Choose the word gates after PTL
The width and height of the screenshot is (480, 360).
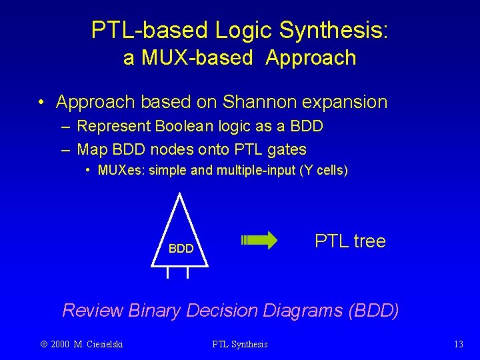(285, 149)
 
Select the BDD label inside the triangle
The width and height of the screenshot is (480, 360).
(181, 249)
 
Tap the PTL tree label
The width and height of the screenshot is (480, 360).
(350, 241)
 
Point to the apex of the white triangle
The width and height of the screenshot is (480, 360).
(179, 194)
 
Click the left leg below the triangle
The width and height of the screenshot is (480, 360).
(168, 272)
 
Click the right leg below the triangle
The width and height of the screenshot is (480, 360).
(187, 272)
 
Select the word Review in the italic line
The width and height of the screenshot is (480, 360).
(92, 310)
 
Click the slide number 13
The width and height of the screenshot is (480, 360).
(458, 344)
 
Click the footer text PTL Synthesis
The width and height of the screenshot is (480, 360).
(240, 344)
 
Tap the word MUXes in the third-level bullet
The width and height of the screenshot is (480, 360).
(121, 170)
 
